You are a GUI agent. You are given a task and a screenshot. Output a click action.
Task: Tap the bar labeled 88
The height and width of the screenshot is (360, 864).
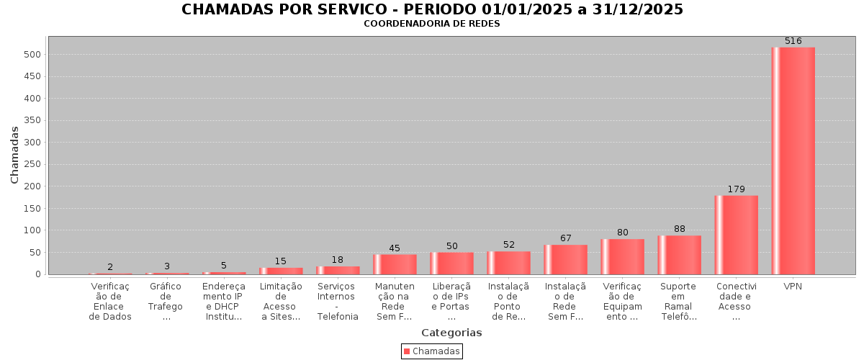[x=679, y=255]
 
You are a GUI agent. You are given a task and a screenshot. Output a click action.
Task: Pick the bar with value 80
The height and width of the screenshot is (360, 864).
[x=622, y=256]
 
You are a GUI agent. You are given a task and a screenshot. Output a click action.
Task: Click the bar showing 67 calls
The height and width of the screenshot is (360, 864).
[x=565, y=259]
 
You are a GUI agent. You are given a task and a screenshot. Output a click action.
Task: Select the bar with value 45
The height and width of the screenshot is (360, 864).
[x=395, y=264]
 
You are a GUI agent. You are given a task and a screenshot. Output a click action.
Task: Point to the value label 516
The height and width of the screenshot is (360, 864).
[x=793, y=41]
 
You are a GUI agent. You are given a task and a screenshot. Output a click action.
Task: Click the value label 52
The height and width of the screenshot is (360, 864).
[x=509, y=245]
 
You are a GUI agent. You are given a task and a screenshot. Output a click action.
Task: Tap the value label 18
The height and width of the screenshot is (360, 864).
[x=338, y=260]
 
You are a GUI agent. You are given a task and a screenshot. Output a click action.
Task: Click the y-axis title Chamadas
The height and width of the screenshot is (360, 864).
[x=14, y=155]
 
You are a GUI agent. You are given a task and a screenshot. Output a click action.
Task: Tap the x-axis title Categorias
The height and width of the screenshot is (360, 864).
[x=451, y=333]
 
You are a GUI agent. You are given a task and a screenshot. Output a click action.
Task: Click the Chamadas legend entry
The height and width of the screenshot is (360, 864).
[x=432, y=351]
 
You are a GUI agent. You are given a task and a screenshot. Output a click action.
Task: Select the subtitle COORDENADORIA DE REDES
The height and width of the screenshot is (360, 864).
[x=431, y=24]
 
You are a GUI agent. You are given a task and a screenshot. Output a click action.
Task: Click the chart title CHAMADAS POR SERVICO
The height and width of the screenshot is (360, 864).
[x=432, y=9]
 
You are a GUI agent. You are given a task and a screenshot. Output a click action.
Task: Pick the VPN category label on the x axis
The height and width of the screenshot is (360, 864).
[x=793, y=286]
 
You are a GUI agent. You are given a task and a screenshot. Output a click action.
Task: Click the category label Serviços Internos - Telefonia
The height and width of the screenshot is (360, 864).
[x=338, y=301]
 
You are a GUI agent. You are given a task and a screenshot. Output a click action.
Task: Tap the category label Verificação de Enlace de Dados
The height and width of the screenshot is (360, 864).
[x=110, y=301]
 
